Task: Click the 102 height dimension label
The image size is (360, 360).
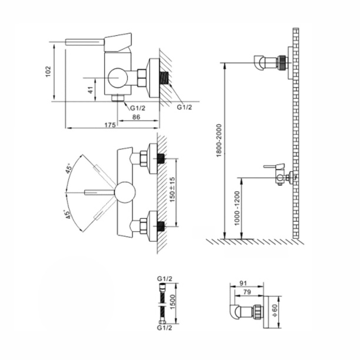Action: [x=48, y=71]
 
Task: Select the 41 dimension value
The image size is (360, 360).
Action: [x=91, y=90]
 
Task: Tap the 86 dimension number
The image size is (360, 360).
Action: [x=136, y=117]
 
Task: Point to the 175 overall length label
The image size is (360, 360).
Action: [x=110, y=125]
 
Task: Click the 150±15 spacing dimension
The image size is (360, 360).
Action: [x=172, y=189]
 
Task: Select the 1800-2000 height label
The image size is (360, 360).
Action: [x=219, y=141]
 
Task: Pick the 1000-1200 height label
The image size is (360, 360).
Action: [x=237, y=208]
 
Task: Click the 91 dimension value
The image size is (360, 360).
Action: [x=243, y=283]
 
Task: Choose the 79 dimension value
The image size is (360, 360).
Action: [x=247, y=292]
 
